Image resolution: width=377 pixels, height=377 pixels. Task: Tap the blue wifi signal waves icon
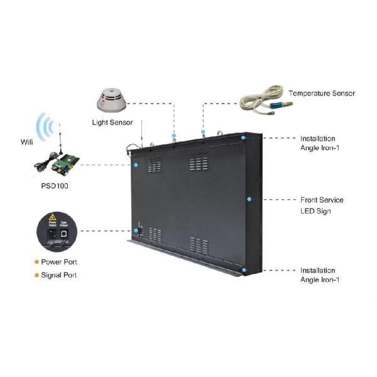point(45,128)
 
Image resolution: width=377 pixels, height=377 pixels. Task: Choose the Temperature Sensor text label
point(322,94)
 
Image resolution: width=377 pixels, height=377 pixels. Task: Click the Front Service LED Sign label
point(322,205)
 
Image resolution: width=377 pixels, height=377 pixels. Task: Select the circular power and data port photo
point(58,231)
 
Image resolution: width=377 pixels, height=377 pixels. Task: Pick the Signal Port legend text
point(59,275)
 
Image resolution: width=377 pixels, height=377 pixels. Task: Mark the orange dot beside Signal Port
point(36,275)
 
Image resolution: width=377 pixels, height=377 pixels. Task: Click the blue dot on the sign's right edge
point(249,199)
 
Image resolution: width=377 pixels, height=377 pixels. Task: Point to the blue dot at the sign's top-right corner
point(243,137)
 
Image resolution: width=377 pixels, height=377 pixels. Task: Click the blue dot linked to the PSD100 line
point(136,165)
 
